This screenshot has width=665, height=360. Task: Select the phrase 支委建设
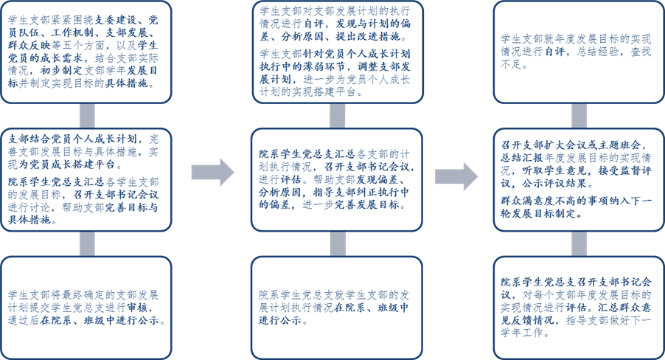pyautogui.click(x=116, y=22)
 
